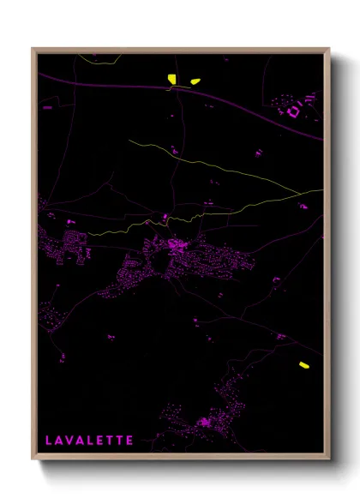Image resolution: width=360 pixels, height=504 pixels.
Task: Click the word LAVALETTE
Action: [89, 441]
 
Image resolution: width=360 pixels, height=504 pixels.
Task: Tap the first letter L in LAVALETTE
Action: [48, 441]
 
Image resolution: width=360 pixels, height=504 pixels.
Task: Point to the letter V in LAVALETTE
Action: [69, 441]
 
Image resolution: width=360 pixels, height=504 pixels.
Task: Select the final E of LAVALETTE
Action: [129, 441]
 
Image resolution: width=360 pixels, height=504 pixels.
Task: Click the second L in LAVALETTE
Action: [90, 441]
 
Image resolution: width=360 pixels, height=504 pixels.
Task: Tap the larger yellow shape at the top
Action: [172, 80]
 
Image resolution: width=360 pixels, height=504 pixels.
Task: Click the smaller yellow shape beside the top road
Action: [195, 81]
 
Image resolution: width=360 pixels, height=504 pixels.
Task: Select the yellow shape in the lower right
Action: [303, 365]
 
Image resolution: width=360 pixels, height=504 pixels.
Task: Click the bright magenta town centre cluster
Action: [178, 246]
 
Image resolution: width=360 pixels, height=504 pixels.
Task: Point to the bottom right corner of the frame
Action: [329, 459]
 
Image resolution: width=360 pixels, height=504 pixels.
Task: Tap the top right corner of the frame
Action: [329, 49]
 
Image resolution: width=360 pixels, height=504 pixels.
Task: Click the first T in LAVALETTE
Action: [110, 441]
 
